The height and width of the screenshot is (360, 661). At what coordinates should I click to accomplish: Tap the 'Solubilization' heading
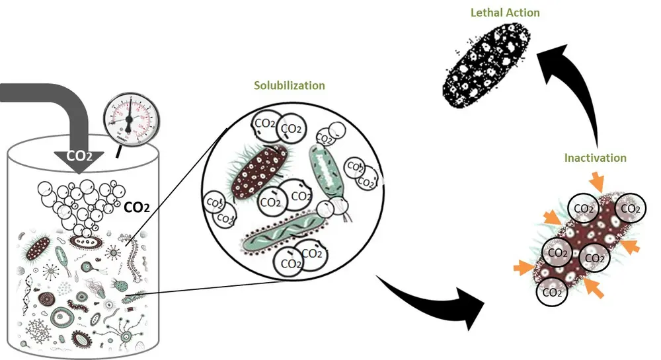[x=290, y=86]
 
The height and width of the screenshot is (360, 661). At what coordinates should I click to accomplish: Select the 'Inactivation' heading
[x=596, y=158]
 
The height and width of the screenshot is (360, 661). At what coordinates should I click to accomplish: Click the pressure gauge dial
[x=130, y=118]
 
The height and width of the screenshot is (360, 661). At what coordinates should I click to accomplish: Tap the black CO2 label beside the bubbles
[x=137, y=207]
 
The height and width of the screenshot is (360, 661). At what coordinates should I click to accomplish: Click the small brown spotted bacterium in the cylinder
[x=38, y=248]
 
